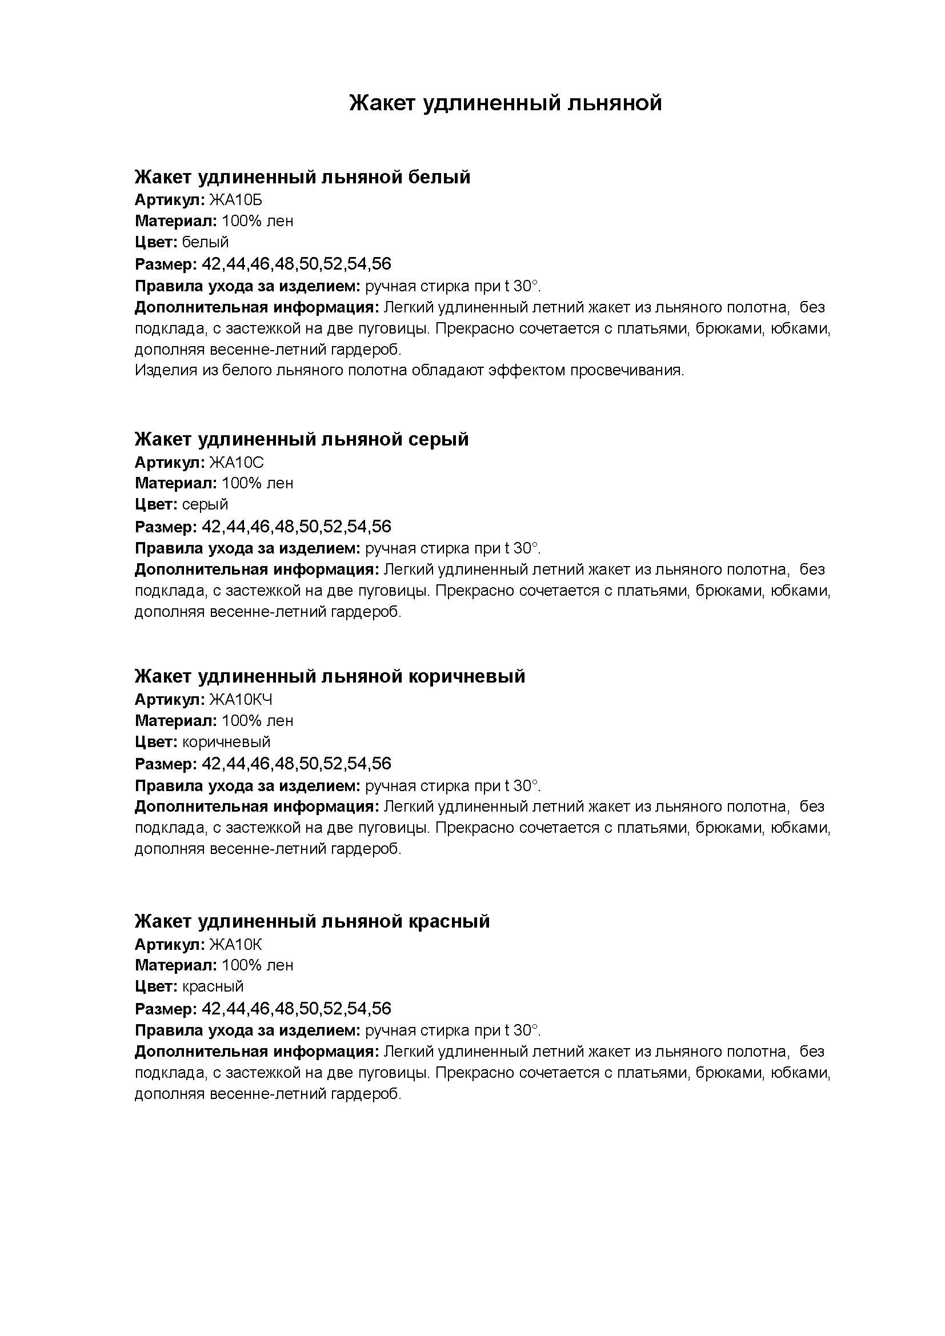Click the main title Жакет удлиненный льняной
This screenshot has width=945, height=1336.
[505, 103]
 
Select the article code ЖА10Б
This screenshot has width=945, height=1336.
[235, 200]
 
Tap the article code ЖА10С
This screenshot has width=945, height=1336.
[237, 463]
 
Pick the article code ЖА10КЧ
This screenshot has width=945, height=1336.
[241, 700]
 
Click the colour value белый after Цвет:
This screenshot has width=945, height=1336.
[206, 242]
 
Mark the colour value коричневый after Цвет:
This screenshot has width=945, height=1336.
[226, 742]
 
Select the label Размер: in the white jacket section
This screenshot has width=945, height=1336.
[166, 265]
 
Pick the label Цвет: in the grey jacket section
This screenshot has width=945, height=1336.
[156, 504]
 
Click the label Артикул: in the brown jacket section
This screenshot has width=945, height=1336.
[170, 700]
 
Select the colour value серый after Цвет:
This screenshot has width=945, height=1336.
[206, 504]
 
